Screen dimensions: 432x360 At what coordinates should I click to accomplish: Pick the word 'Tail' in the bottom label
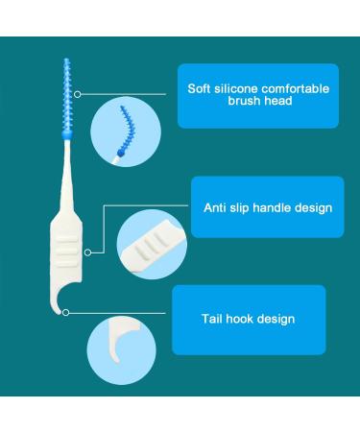[211, 319]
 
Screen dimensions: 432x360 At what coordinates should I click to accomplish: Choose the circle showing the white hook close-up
[120, 351]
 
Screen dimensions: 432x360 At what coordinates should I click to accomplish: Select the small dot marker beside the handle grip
[87, 252]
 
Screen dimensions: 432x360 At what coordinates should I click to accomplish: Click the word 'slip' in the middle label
[243, 207]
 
